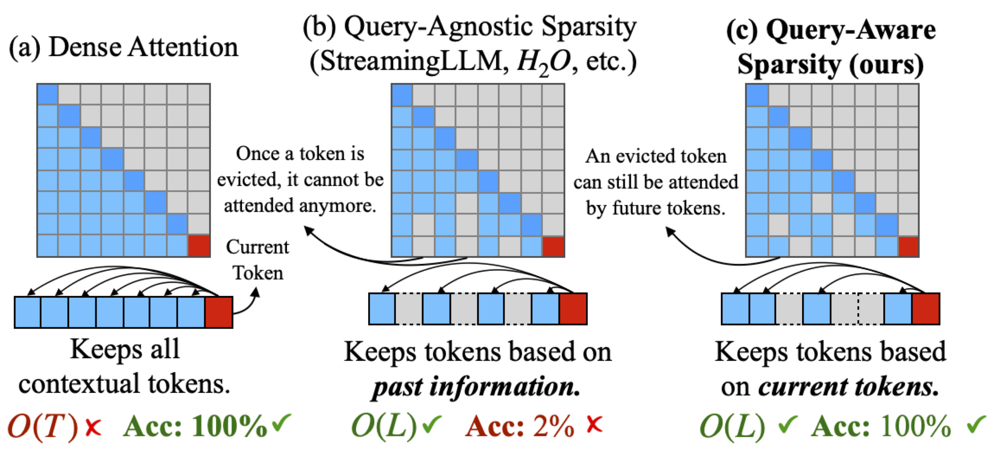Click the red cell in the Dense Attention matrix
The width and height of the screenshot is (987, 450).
click(x=198, y=246)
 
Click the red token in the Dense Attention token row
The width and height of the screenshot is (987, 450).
click(x=219, y=312)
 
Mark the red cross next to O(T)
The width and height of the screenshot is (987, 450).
click(x=93, y=427)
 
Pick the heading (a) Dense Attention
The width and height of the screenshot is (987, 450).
click(x=123, y=48)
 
